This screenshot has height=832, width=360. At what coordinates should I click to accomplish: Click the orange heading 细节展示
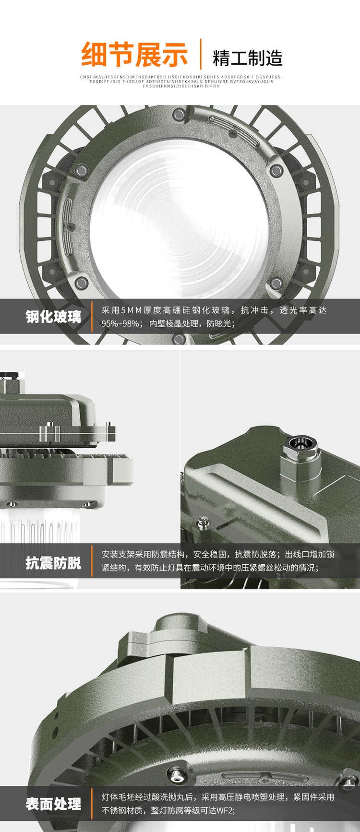point(134,55)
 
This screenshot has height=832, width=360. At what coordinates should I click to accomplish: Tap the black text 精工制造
point(248,58)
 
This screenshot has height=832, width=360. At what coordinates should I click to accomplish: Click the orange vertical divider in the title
point(201,54)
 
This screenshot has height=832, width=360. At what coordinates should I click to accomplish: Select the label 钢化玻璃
point(53,317)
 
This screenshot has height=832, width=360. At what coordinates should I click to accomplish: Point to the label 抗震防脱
point(53,562)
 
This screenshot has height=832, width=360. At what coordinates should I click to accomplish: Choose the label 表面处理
point(53,804)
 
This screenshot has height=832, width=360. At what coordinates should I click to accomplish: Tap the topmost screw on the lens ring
point(180,114)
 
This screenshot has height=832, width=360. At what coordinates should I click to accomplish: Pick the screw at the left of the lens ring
point(82,169)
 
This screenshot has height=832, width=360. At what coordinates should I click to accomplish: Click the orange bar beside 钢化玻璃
point(92,317)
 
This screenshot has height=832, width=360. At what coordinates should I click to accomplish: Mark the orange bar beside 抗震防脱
point(92,561)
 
